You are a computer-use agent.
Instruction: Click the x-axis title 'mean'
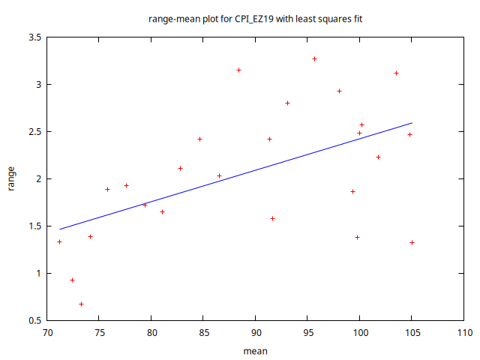pos(256,350)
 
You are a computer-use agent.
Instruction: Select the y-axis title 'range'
pos(12,179)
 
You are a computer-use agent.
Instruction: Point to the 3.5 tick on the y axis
pos(33,37)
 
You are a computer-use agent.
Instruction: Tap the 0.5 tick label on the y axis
pos(33,320)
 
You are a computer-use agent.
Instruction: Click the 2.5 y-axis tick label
pos(33,132)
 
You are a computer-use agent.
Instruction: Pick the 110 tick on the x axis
pos(464,332)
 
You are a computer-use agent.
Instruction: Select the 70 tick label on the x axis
pos(47,332)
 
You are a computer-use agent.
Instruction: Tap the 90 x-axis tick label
pos(256,332)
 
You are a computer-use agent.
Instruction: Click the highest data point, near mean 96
pos(315,58)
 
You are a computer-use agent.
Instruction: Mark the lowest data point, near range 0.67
pos(81,304)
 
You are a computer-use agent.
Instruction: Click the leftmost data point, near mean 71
pos(59,241)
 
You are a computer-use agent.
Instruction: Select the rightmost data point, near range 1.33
pos(412,242)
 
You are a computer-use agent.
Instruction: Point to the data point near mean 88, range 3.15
pos(238,70)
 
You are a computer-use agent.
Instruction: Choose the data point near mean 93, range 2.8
pos(287,103)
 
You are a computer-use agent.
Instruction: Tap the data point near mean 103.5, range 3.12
pos(396,73)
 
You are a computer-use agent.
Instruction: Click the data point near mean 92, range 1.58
pos(272,218)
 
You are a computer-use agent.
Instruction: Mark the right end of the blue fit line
pos(412,123)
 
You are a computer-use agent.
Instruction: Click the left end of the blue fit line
pos(59,229)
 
